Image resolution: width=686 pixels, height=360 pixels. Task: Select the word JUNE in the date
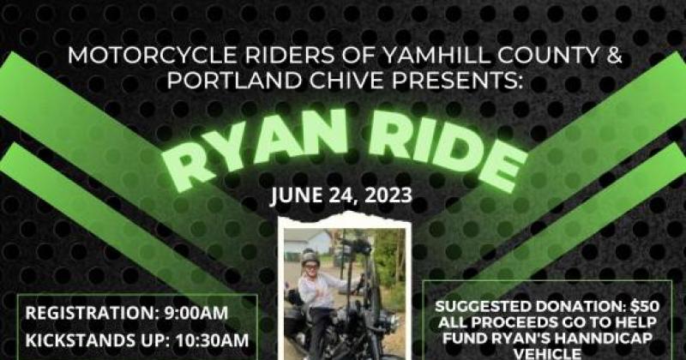click(x=298, y=195)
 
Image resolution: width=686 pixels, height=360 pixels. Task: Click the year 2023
click(x=383, y=195)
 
